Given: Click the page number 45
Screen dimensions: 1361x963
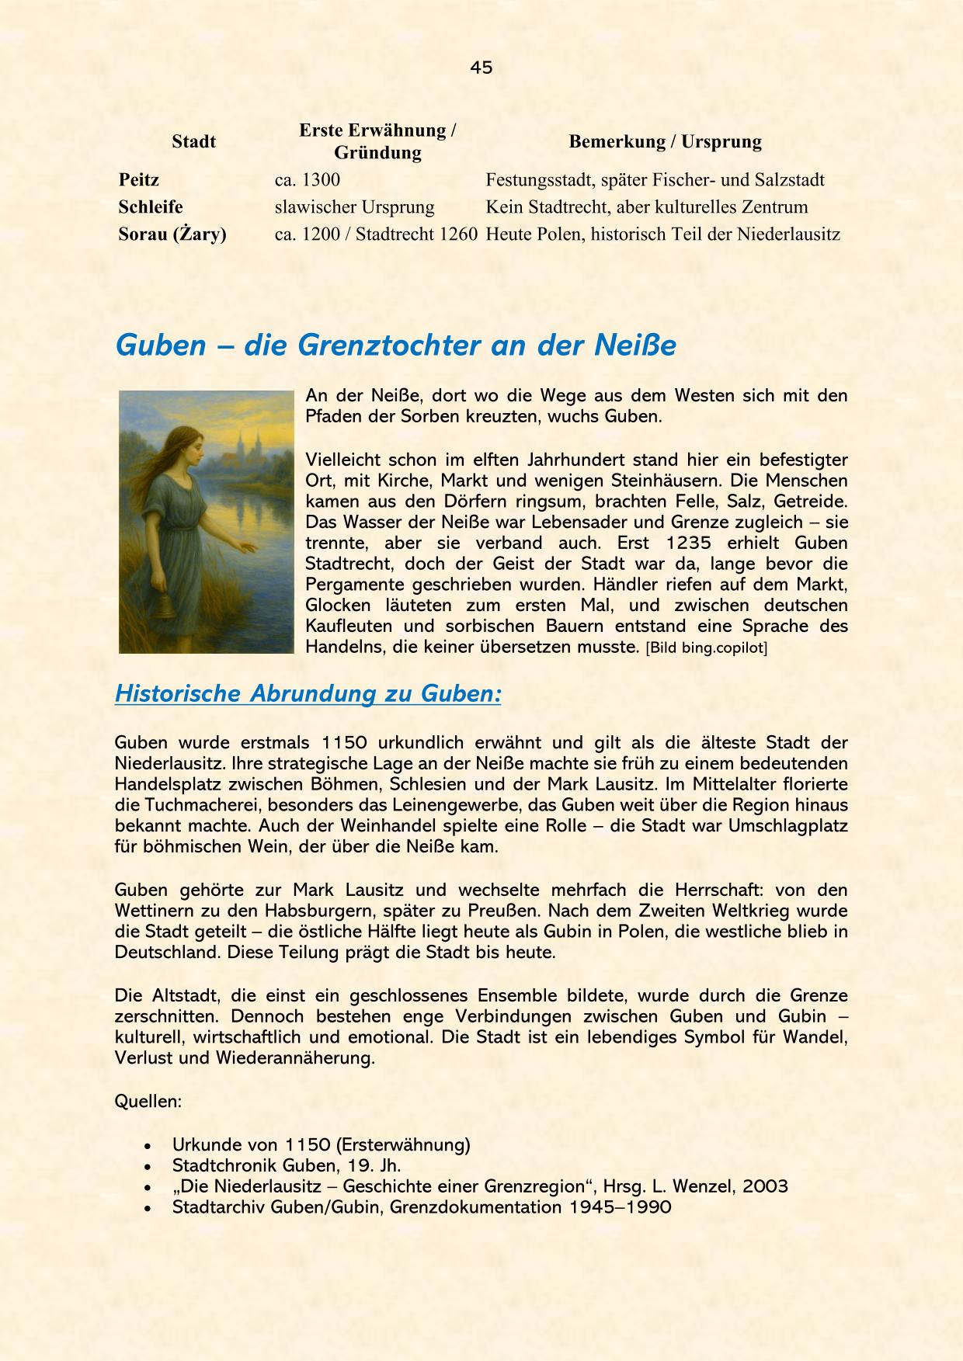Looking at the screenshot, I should (481, 68).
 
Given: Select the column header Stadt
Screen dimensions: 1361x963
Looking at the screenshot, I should (193, 141).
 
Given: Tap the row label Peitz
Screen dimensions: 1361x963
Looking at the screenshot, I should (139, 180).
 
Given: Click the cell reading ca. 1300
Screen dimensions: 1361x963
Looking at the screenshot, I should (308, 180).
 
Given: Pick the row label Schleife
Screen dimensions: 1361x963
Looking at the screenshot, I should (151, 207).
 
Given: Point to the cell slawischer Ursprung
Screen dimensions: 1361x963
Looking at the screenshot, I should (354, 207).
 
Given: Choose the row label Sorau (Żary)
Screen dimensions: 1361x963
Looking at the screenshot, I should (172, 234).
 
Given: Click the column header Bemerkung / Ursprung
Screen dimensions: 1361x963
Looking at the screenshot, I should (665, 141).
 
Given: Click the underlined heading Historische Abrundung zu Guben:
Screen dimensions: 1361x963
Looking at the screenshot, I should (308, 693).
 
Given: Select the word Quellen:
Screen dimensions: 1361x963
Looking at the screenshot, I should (148, 1101).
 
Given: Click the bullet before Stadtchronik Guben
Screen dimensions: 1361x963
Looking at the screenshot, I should (148, 1166).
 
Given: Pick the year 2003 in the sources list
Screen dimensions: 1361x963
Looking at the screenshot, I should (765, 1186).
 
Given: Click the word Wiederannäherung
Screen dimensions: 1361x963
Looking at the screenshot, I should (295, 1057).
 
